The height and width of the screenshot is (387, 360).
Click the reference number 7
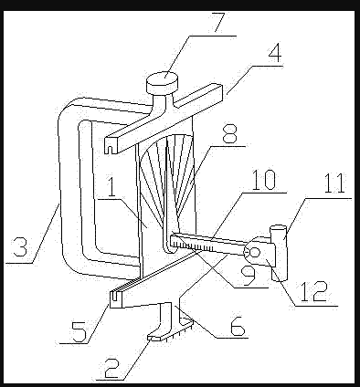(219, 22)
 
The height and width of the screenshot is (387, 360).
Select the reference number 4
(275, 53)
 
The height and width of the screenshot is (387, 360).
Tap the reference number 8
(230, 134)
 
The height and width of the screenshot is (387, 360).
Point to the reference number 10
(264, 180)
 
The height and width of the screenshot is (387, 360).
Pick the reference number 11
(334, 183)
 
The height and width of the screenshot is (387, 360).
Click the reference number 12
(313, 291)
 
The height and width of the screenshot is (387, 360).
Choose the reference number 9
(249, 277)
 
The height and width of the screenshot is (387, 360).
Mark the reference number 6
(238, 326)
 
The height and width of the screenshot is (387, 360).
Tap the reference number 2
(111, 368)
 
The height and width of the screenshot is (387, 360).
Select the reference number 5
(79, 331)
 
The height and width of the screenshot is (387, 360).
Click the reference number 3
(20, 246)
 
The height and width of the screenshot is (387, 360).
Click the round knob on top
(163, 82)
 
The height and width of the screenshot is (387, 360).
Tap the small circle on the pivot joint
(255, 252)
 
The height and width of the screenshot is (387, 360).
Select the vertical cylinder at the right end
(279, 253)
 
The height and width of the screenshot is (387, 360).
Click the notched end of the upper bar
(111, 145)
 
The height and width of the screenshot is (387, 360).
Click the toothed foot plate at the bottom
(171, 329)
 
